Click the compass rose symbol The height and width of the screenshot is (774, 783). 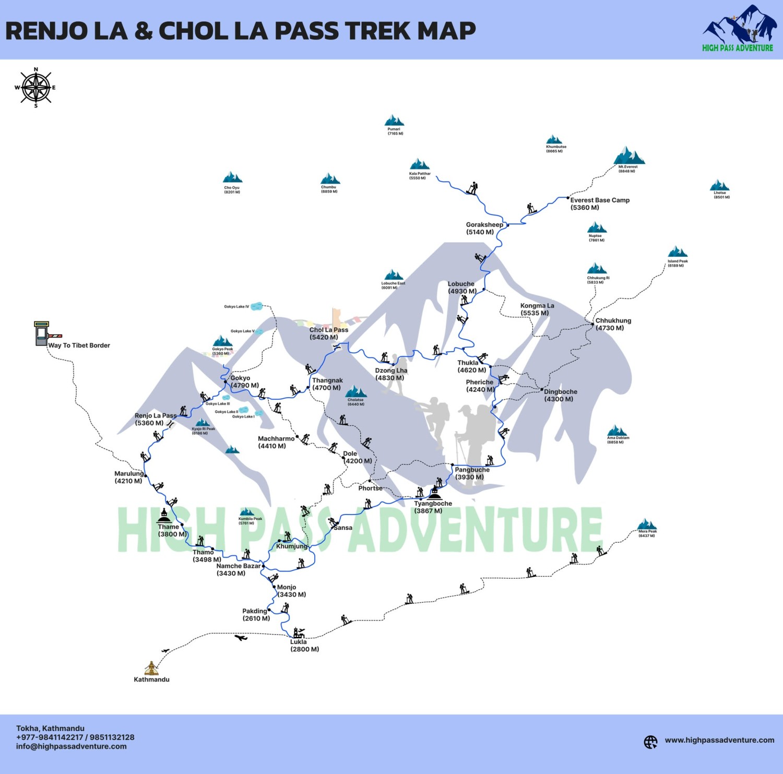tap(35, 87)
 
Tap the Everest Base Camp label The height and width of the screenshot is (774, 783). tap(599, 204)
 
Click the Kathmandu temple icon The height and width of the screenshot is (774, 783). tap(151, 668)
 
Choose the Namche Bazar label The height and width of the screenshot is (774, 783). tap(238, 569)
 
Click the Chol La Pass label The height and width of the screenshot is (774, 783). tap(328, 334)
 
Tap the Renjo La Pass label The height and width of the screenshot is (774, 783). tap(155, 419)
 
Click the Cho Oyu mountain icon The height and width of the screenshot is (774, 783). tap(232, 177)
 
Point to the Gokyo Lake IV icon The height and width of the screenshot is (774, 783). tap(256, 306)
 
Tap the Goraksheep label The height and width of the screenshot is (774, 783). tap(484, 228)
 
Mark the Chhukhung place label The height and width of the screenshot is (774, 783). tap(613, 324)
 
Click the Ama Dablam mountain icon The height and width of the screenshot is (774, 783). tap(618, 431)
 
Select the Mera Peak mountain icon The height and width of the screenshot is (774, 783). tap(647, 524)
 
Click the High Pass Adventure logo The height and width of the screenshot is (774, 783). tap(738, 29)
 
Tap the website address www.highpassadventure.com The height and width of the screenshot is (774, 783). tap(719, 740)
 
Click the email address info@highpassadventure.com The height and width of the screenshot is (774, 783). tap(71, 746)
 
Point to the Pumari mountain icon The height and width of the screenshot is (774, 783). tap(394, 121)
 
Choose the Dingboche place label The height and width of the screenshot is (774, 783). tap(560, 395)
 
